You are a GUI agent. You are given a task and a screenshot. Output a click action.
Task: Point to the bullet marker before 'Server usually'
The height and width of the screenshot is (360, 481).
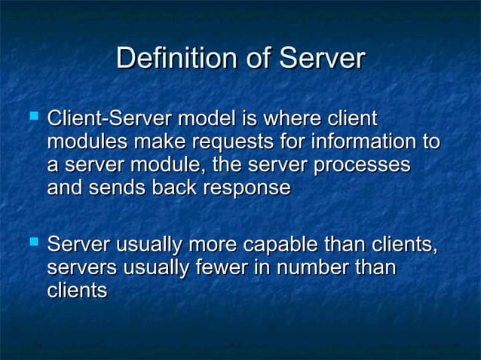pyautogui.click(x=32, y=243)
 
